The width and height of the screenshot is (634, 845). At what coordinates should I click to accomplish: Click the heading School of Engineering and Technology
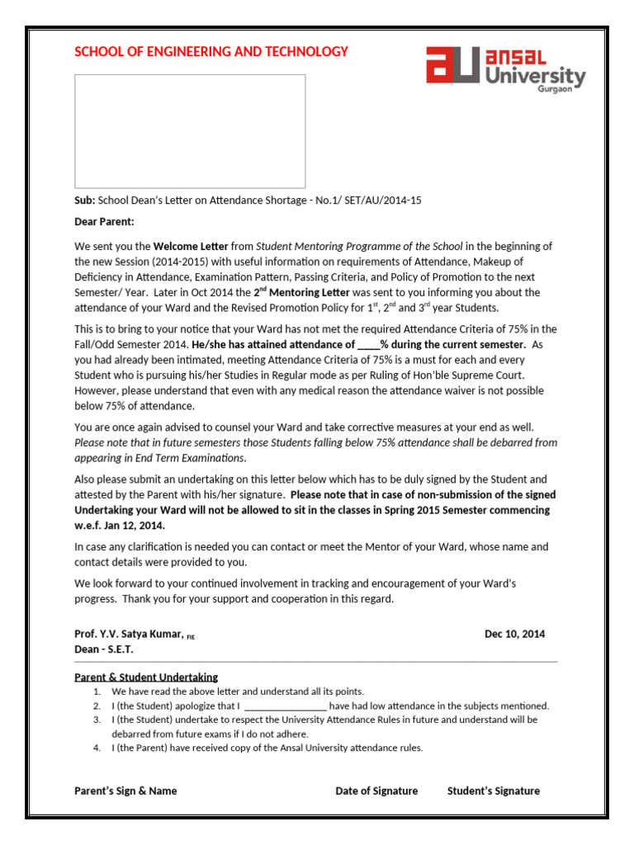(211, 52)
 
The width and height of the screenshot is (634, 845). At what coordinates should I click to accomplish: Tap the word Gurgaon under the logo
(554, 89)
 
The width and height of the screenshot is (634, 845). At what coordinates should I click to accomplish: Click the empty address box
(190, 131)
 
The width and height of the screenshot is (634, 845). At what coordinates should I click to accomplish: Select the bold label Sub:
(85, 201)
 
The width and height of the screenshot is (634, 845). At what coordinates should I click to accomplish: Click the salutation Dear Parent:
(104, 222)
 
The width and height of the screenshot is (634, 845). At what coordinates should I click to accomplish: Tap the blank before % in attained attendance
(367, 344)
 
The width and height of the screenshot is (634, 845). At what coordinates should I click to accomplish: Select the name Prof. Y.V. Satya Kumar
(129, 634)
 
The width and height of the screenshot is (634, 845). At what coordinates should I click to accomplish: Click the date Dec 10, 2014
(514, 634)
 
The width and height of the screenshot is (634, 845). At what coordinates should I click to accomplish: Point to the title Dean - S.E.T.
(103, 649)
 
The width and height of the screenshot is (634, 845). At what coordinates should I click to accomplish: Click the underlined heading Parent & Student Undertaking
(146, 677)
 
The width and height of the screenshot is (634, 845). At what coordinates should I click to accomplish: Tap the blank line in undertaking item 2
(286, 706)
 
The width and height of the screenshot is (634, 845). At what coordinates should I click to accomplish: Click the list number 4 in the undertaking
(97, 748)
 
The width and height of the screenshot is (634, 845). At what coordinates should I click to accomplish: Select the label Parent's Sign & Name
(125, 791)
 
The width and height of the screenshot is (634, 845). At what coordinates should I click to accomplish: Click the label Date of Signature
(376, 791)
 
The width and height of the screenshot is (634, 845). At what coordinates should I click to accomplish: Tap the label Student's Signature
(494, 791)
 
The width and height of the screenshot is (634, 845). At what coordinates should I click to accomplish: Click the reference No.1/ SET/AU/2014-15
(368, 201)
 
